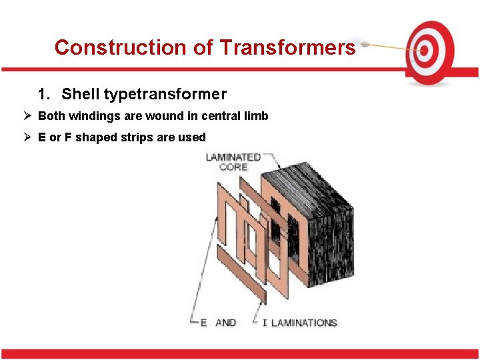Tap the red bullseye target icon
click(x=429, y=49)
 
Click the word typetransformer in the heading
click(x=165, y=95)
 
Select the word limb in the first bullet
click(x=257, y=116)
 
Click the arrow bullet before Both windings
click(x=27, y=116)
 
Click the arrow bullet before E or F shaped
click(x=27, y=137)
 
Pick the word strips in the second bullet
click(x=139, y=137)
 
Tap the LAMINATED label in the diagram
click(x=233, y=157)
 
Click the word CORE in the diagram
click(x=233, y=167)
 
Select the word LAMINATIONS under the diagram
click(x=304, y=323)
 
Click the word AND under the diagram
click(x=226, y=323)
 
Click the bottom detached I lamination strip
click(x=241, y=273)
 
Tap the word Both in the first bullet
click(x=51, y=116)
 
